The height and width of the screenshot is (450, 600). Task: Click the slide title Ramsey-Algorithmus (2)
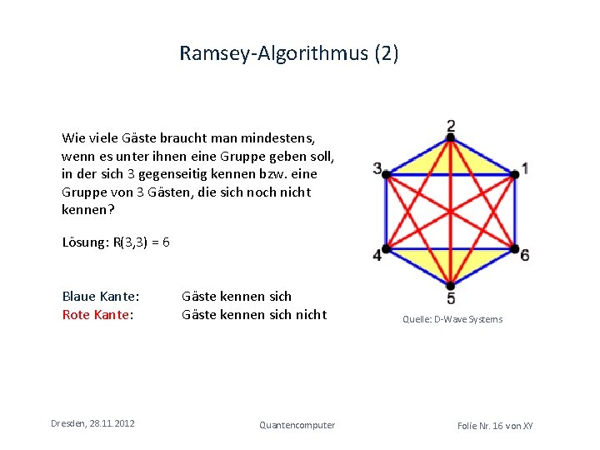(x=289, y=55)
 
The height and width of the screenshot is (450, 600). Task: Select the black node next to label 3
(x=387, y=173)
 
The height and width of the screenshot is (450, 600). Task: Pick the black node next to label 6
(x=515, y=248)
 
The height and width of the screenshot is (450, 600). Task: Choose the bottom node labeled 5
(x=451, y=286)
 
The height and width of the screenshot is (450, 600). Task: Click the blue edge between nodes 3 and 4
(x=387, y=211)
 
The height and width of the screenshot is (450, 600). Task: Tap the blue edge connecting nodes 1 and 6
(x=515, y=211)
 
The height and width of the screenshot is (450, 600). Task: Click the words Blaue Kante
(x=100, y=296)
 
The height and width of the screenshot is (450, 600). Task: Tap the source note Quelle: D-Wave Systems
(x=452, y=319)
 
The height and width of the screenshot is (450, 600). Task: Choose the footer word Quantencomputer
(x=297, y=425)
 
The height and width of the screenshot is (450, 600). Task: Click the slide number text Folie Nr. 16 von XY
(x=495, y=426)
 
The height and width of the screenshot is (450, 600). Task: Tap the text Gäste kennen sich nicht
(x=254, y=314)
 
